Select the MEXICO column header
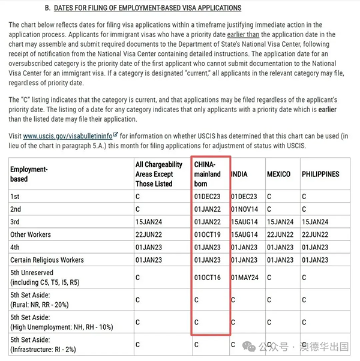pos(278,174)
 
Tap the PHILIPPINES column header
pos(320,174)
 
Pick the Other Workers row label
pos(31,234)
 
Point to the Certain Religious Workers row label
pos(47,260)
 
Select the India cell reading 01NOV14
pos(244,209)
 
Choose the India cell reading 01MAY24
pos(245,277)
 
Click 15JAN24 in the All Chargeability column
pos(151,222)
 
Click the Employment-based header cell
pos(29,174)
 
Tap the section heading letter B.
pos(47,8)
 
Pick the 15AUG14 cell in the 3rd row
pos(245,222)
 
